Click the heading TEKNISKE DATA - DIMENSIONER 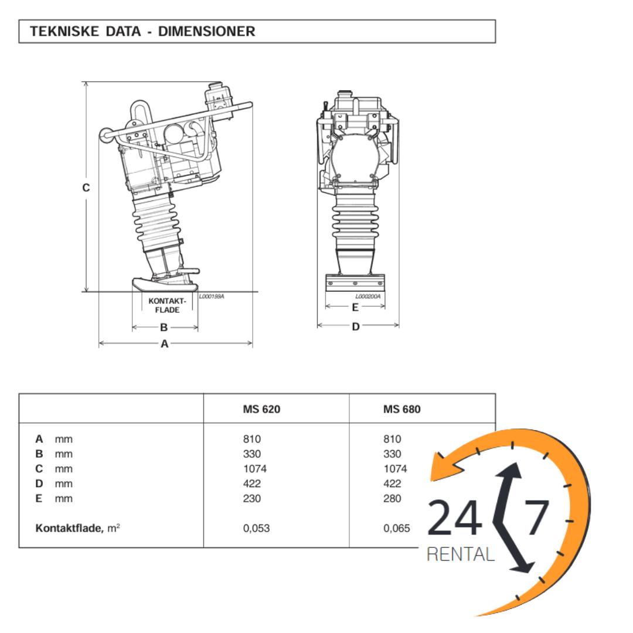[142, 32]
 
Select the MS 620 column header [261, 409]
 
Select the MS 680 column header [401, 409]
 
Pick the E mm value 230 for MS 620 [252, 499]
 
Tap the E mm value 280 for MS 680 [392, 499]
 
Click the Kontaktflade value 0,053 [256, 529]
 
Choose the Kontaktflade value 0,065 [397, 529]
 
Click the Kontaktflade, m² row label [78, 529]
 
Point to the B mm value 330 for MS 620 [252, 454]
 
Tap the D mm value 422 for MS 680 [392, 484]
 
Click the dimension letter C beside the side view [86, 188]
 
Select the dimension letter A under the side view [165, 344]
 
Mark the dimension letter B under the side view [164, 328]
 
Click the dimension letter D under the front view [356, 326]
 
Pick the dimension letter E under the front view [355, 308]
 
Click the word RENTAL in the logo [460, 554]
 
